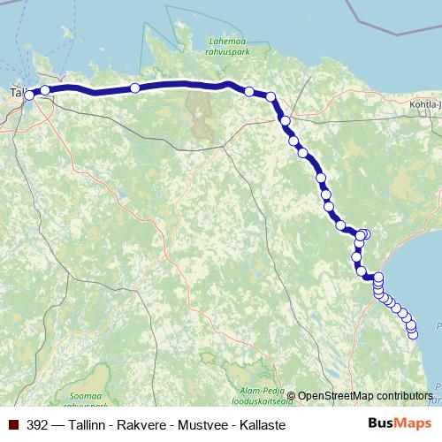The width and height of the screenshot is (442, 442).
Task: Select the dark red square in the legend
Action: coord(13,425)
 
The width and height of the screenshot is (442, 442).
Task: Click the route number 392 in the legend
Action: coord(38,425)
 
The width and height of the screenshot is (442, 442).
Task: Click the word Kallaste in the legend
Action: coord(262,425)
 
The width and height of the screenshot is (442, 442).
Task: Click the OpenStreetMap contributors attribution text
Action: coord(365,395)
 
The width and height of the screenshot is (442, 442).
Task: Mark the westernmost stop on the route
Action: coord(28,95)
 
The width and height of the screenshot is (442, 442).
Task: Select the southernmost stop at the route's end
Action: coord(412,333)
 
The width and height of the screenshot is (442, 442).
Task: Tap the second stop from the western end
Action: coord(45,89)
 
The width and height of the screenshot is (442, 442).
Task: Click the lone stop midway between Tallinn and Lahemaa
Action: coord(134,88)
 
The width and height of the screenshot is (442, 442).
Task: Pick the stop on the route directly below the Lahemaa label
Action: coord(249,91)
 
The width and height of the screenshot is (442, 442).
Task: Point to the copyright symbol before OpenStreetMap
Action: coord(291,395)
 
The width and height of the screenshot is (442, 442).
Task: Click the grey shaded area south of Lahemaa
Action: coord(199,110)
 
